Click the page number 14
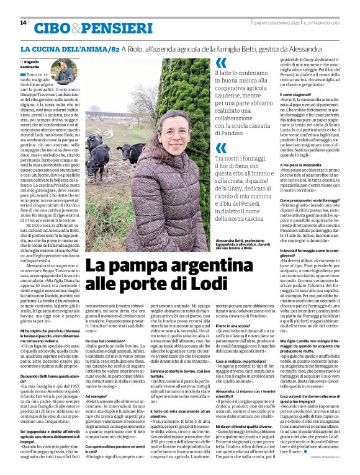23,23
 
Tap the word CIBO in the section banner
52,28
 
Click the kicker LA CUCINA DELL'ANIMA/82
70,48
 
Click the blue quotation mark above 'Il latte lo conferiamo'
221,63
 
